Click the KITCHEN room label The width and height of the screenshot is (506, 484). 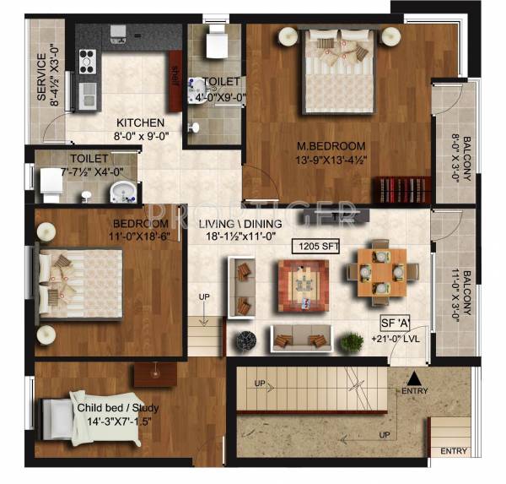140,122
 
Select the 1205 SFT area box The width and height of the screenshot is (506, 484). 314,247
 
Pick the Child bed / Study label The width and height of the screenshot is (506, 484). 118,408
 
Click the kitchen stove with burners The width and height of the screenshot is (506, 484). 87,61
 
